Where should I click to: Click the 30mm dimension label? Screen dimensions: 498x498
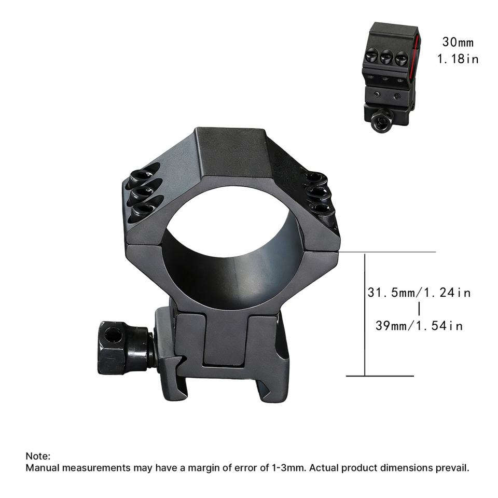[x=458, y=42]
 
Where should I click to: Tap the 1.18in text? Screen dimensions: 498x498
[x=458, y=59]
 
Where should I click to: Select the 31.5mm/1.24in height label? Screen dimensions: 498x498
[x=419, y=293]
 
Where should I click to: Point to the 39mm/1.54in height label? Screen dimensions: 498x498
[x=419, y=326]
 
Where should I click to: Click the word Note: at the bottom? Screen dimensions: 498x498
[x=38, y=456]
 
